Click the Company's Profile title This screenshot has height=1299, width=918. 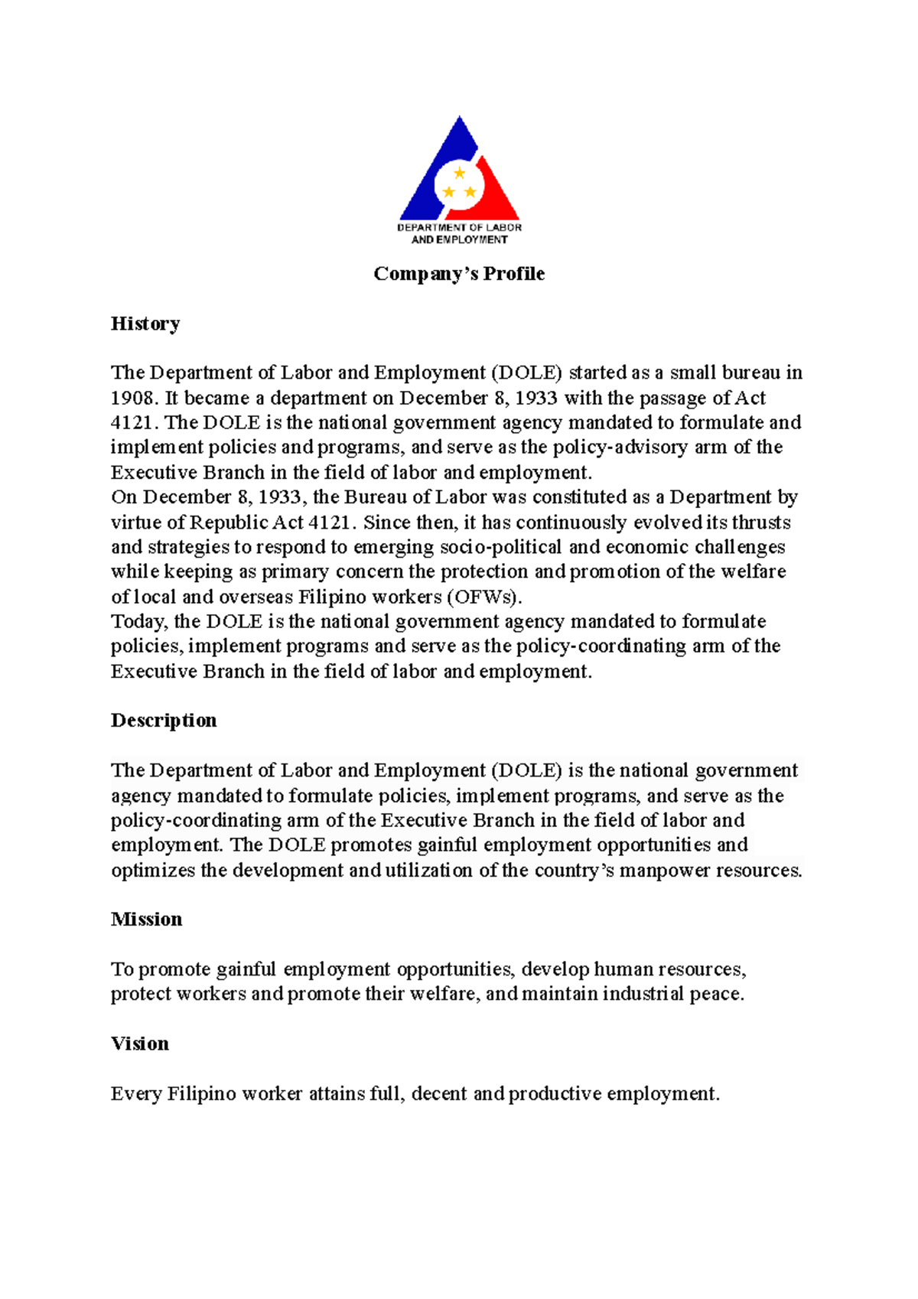459,274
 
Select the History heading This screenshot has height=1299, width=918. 145,324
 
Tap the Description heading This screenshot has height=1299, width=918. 164,721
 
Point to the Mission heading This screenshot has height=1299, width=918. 146,920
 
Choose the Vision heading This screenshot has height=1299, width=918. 139,1044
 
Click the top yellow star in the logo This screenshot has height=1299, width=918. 459,174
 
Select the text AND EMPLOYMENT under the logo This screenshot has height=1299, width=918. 459,239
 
